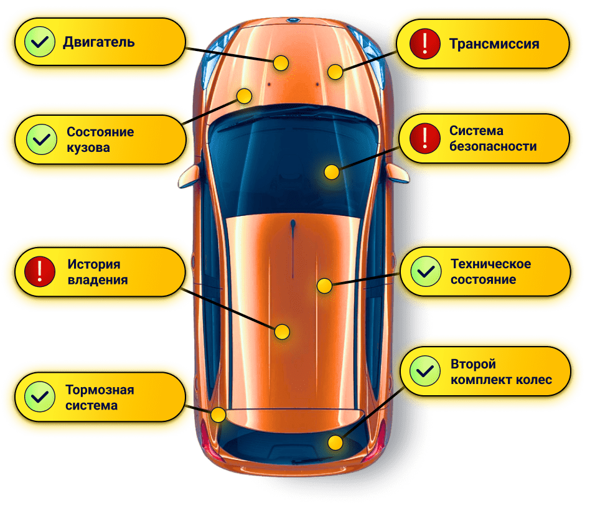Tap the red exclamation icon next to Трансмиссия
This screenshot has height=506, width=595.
tap(424, 44)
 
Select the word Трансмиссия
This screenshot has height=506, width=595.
tap(494, 44)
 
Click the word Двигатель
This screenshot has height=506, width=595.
tap(98, 42)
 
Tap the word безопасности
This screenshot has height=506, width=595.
tap(493, 147)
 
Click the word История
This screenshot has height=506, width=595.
tap(93, 265)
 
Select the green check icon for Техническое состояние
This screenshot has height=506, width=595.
tap(426, 271)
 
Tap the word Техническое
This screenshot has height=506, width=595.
tap(490, 264)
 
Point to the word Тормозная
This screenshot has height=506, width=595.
tap(100, 390)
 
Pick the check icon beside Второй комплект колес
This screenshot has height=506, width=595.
tap(426, 372)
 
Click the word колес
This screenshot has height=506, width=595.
tap(535, 380)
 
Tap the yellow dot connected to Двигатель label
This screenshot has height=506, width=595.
tap(281, 62)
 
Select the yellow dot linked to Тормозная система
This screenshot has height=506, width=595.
tap(218, 415)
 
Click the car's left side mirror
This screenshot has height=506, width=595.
tap(187, 179)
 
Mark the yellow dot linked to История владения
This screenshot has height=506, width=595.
tap(283, 332)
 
